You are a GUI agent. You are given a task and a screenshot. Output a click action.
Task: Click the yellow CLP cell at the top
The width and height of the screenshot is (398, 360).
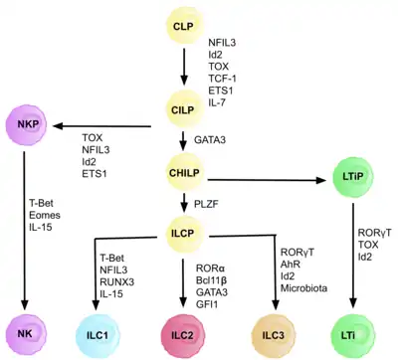point(184,24)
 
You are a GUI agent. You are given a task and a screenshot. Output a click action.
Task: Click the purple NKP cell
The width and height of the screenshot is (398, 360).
point(26,126)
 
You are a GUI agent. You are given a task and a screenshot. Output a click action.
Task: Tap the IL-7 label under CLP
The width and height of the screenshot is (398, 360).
point(218,101)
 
